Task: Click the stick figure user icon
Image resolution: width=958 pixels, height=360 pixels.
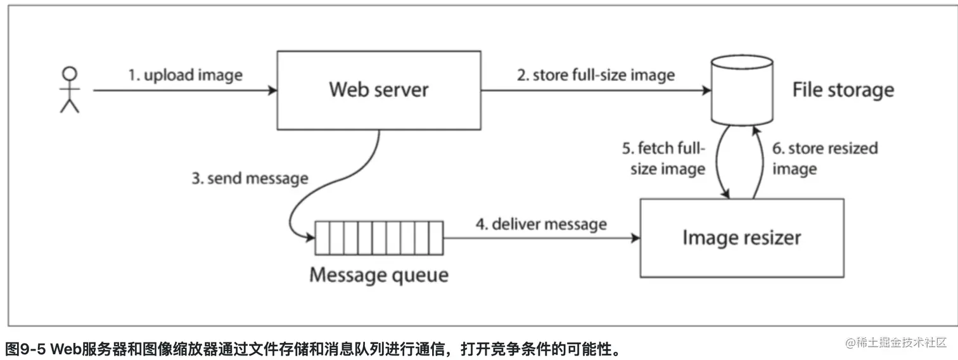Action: pyautogui.click(x=70, y=90)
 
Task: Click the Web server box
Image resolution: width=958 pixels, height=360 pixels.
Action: pyautogui.click(x=378, y=91)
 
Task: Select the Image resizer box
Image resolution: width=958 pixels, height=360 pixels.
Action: pyautogui.click(x=741, y=238)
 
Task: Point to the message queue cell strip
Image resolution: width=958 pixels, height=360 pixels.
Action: pyautogui.click(x=378, y=238)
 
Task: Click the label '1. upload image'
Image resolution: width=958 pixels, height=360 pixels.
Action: pyautogui.click(x=186, y=75)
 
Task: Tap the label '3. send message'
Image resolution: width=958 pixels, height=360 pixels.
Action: pyautogui.click(x=250, y=178)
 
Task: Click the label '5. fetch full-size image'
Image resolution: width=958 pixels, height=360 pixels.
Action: pyautogui.click(x=663, y=159)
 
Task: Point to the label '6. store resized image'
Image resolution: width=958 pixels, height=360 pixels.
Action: pyautogui.click(x=824, y=158)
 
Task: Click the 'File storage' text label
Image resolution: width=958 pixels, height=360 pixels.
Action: pyautogui.click(x=843, y=90)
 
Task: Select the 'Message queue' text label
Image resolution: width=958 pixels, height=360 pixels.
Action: pyautogui.click(x=378, y=275)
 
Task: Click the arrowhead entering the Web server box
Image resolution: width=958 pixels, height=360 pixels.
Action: pyautogui.click(x=272, y=91)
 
